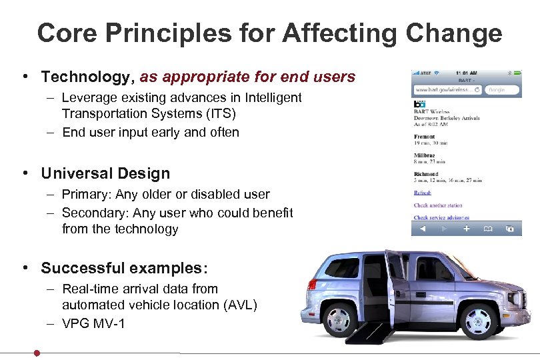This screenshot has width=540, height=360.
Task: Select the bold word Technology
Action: coord(87,77)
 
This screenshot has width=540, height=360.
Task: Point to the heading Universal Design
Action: coord(105,173)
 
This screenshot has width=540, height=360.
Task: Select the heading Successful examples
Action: coord(124,268)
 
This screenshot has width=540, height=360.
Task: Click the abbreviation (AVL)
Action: coord(235,305)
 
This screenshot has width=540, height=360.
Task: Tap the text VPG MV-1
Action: coord(93,324)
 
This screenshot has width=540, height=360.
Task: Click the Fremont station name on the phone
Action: coord(425,137)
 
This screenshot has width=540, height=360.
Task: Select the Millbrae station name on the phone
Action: coord(425,155)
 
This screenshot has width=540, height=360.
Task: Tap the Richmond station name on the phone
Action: coord(426,174)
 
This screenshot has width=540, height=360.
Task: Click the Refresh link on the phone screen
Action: coord(422,193)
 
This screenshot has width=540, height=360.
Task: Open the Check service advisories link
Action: coord(441,217)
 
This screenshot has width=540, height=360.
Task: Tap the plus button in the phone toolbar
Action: coord(466,229)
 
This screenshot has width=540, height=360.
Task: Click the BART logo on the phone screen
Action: coord(419,105)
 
